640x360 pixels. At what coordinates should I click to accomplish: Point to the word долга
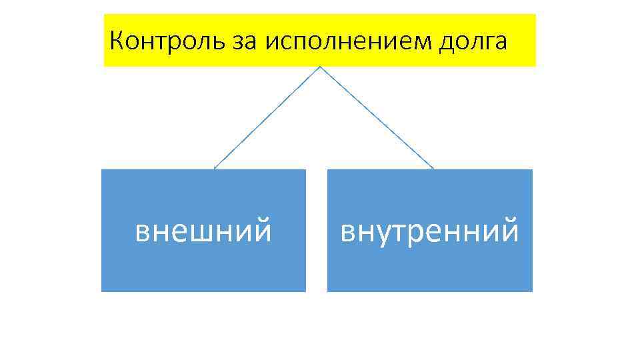pos(473,43)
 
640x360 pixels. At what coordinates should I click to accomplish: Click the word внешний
pos(203,231)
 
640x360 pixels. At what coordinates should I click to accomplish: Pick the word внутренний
pos(429,231)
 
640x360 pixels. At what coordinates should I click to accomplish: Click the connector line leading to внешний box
pos(267,118)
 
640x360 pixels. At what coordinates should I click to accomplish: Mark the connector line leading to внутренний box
pos(377,118)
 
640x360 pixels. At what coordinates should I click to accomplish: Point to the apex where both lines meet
pos(320,67)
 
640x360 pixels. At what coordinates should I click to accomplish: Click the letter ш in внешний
pos(203,232)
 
